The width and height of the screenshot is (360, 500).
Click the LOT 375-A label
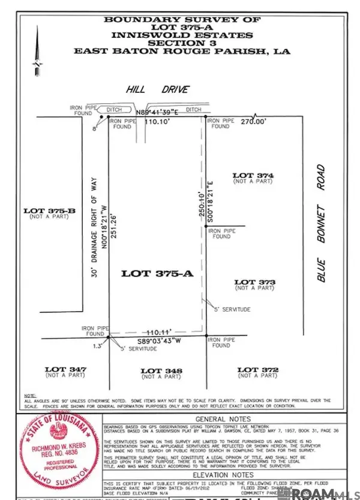pos(157,273)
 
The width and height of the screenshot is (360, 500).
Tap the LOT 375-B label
pos(49,210)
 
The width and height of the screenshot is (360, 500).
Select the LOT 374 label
pos(253,175)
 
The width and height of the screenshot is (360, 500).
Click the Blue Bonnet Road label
pos(322,223)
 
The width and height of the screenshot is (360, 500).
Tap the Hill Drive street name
pos(157,89)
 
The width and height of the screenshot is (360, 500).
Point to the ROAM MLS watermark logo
pos(324,492)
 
